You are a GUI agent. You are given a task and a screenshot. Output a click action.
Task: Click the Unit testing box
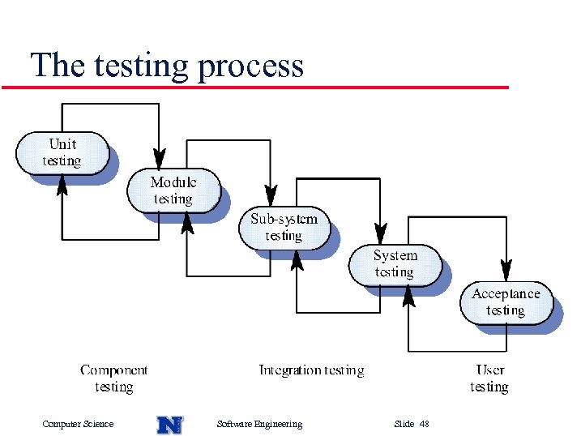point(62,152)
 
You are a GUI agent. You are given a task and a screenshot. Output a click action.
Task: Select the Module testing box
point(173,190)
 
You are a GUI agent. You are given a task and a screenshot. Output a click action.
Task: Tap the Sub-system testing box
point(284,228)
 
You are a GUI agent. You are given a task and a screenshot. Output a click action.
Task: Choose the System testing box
point(395,264)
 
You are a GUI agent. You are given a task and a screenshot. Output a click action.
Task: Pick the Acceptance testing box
point(506,301)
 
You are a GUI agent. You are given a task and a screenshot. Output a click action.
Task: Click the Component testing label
point(113,378)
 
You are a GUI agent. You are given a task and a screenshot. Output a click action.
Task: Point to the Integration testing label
point(311,370)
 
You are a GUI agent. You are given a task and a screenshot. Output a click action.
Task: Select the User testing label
point(489,378)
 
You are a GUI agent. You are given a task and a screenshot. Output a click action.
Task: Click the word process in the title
point(250,66)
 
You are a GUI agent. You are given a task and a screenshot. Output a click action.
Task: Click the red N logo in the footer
point(169,424)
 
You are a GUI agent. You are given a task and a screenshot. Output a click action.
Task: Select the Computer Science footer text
point(78,424)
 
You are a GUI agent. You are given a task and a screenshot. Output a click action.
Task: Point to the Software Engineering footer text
point(260,424)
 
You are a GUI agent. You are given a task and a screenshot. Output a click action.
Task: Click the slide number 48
point(425,424)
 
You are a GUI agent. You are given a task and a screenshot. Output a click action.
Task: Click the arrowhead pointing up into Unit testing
point(62,185)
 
